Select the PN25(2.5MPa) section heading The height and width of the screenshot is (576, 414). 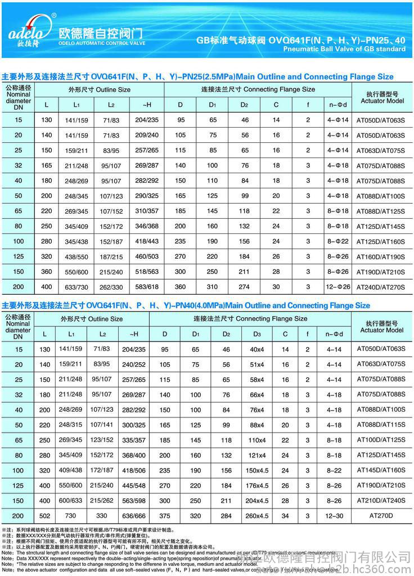coord(197,76)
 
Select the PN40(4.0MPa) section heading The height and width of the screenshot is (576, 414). coord(186,305)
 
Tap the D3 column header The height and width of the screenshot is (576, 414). coord(256,334)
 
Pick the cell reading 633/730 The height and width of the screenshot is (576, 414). coord(78,286)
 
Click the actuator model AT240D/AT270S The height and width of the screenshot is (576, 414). coord(381,286)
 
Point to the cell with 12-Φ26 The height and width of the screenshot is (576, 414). coord(339,286)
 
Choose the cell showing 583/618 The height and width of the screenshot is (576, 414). coord(147,286)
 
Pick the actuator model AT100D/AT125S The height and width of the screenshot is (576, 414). coord(381,440)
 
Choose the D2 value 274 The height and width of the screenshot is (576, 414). coord(244,286)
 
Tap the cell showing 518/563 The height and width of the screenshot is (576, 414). coord(147,272)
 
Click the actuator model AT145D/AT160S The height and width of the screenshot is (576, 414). coord(381,470)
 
